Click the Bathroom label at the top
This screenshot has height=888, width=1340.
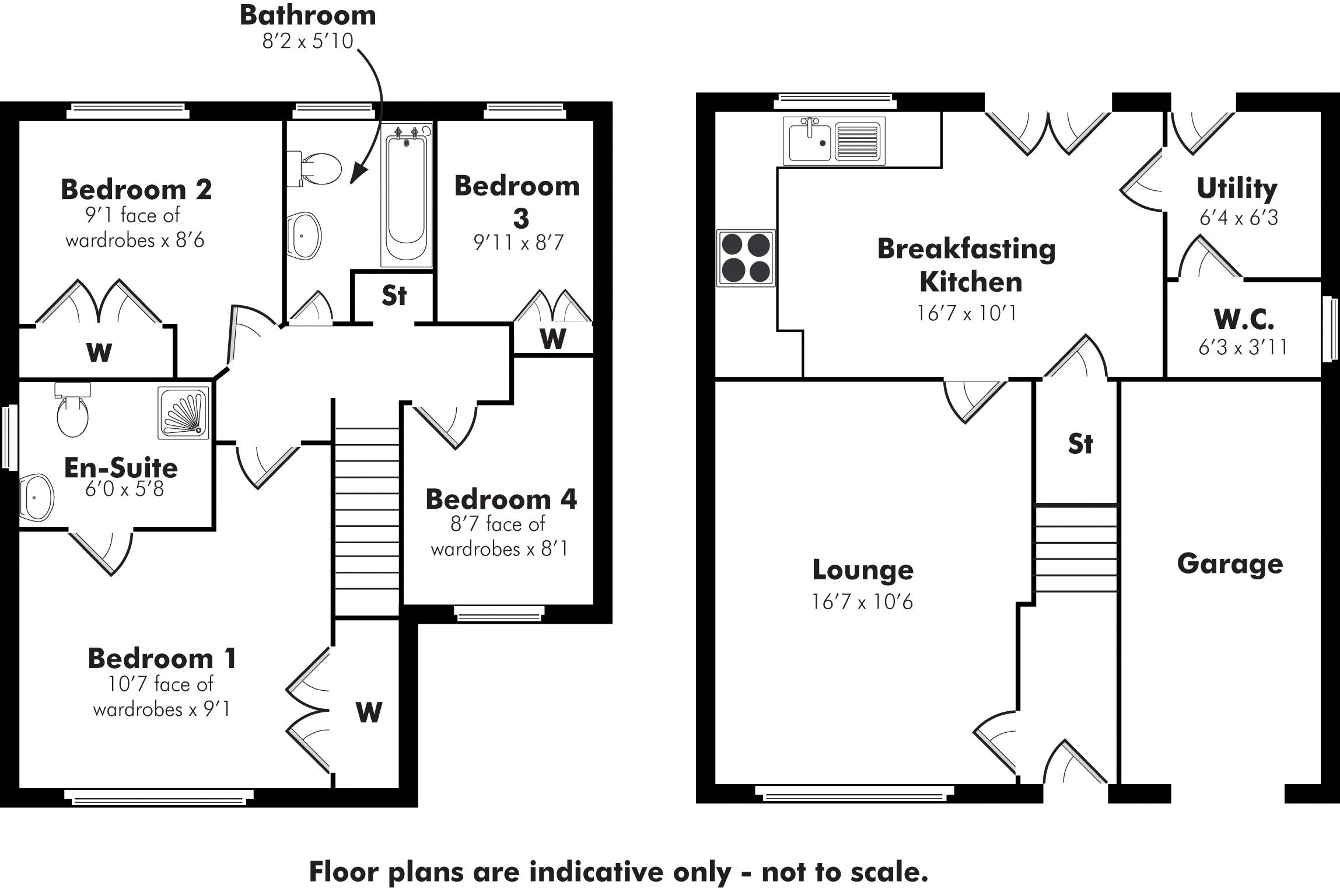click(x=307, y=16)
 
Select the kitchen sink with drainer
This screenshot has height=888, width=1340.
click(x=834, y=139)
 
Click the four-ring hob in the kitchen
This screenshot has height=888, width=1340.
click(x=746, y=258)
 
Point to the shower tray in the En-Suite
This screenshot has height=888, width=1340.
click(x=183, y=412)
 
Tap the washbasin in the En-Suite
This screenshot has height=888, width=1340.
click(x=36, y=497)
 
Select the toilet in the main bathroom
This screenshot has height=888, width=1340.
click(x=315, y=167)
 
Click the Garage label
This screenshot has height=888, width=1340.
click(x=1230, y=564)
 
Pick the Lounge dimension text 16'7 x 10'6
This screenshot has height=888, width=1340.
click(x=862, y=602)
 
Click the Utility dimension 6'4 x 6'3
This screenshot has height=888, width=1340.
click(x=1238, y=218)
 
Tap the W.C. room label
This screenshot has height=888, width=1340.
click(x=1244, y=320)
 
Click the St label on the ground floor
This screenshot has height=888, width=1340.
click(x=1080, y=445)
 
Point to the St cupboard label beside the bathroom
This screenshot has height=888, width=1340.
click(x=394, y=296)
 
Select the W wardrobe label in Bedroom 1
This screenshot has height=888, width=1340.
click(x=369, y=712)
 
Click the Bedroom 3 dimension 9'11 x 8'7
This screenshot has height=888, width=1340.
click(x=519, y=242)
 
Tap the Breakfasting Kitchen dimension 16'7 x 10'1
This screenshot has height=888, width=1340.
click(x=967, y=313)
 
